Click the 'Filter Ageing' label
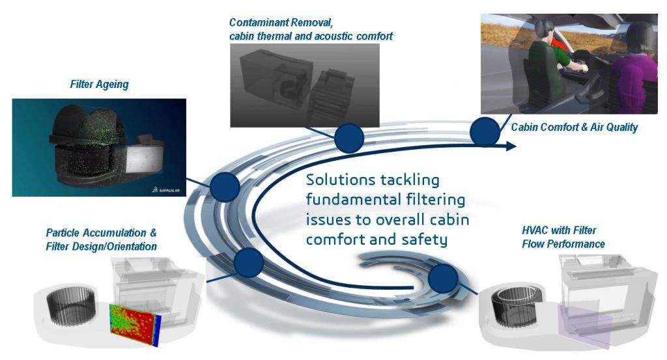pos(99,85)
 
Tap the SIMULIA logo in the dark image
pos(166,189)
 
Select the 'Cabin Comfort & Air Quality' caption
pos(575,127)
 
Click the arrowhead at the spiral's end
pos(511,146)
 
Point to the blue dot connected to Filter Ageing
pos(225,187)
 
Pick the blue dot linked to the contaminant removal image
pos(349,138)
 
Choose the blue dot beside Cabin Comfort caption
pos(485,132)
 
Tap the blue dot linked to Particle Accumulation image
pos(249,263)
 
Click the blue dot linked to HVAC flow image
pos(443,279)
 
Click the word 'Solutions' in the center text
pos(340,180)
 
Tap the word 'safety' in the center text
pos(425,240)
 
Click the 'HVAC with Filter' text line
pos(559,230)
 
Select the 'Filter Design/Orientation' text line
pos(101,247)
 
